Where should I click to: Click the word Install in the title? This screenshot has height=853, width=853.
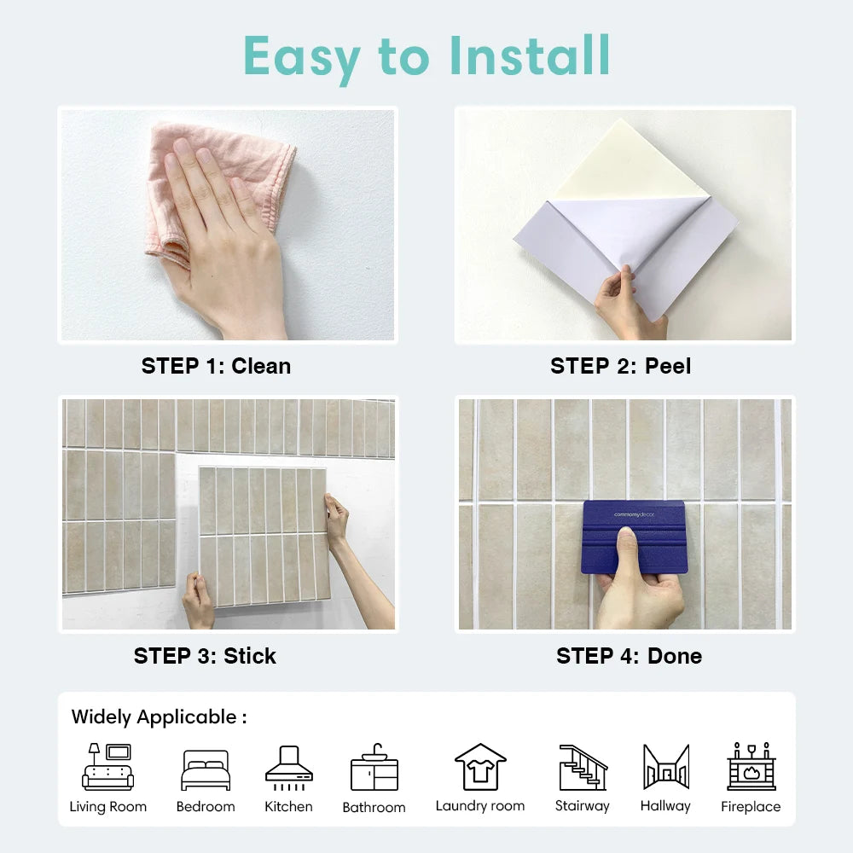[531, 56]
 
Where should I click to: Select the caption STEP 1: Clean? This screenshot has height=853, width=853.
[216, 366]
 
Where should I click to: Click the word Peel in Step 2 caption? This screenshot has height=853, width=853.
[668, 366]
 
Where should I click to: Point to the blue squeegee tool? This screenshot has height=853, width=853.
[633, 537]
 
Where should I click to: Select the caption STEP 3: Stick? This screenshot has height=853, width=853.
[205, 656]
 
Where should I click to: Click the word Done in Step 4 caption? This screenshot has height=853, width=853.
[675, 656]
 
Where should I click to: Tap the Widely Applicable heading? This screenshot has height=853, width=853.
[159, 717]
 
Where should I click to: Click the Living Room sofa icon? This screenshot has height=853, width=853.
[108, 767]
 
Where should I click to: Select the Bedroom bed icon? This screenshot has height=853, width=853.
[206, 769]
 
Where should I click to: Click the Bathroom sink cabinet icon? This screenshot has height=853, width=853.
[374, 768]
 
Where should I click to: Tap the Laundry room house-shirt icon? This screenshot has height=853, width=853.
[480, 767]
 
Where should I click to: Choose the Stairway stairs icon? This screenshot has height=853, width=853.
[583, 767]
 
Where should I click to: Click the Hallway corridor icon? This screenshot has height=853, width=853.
[665, 767]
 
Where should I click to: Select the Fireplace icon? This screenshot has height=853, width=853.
[751, 767]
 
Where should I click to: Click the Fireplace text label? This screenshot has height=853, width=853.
[751, 806]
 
